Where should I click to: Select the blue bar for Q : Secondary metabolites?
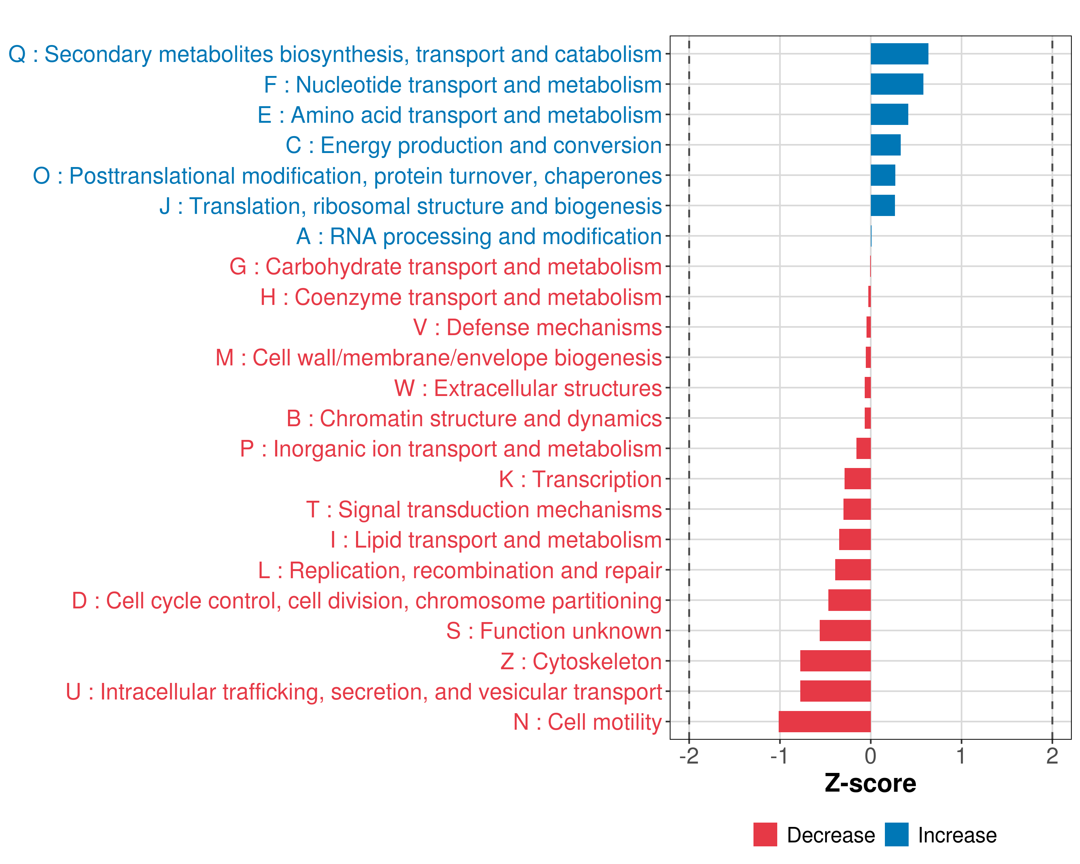click(x=899, y=54)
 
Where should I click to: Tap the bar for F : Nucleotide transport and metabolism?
click(x=897, y=84)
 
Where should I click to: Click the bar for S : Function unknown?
click(x=845, y=631)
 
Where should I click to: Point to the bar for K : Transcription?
click(x=858, y=479)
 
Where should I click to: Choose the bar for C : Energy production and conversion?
click(x=885, y=145)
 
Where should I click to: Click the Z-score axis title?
click(x=870, y=783)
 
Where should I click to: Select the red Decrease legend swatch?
click(x=765, y=834)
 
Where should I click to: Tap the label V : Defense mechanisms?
click(x=537, y=328)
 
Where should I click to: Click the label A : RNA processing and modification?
click(x=479, y=237)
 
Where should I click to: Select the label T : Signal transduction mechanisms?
click(x=484, y=509)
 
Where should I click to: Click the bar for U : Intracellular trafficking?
click(x=835, y=691)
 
